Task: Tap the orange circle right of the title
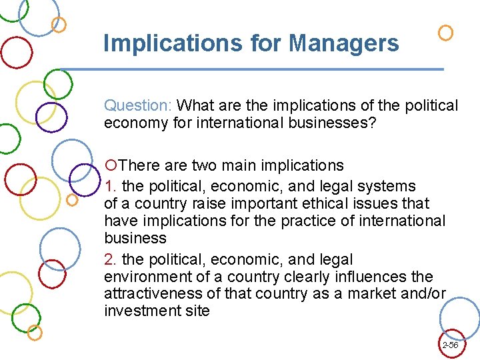pos(445,32)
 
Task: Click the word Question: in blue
pos(139,105)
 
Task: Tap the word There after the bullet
pos(141,165)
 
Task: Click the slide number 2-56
pos(450,345)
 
